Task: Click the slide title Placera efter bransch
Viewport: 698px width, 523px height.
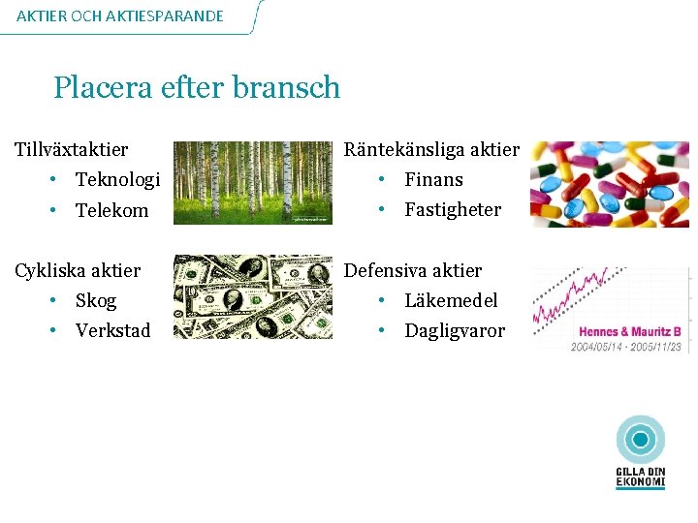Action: pyautogui.click(x=197, y=88)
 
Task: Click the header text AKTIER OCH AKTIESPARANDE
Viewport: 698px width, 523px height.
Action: pyautogui.click(x=120, y=15)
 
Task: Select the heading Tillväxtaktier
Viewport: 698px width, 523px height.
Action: pyautogui.click(x=71, y=149)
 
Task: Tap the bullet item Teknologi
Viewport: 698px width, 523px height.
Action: pyautogui.click(x=117, y=179)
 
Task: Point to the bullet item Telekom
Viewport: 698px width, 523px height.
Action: pyautogui.click(x=112, y=210)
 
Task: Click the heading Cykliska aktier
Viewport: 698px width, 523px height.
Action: pyautogui.click(x=78, y=270)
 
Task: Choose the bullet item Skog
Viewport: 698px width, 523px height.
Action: pyautogui.click(x=96, y=300)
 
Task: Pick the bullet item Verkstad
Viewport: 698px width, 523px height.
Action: pyautogui.click(x=113, y=330)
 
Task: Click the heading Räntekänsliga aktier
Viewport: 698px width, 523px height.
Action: pyautogui.click(x=431, y=149)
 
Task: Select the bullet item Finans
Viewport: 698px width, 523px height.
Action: pyautogui.click(x=433, y=179)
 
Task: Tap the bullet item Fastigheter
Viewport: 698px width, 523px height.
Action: pyautogui.click(x=453, y=209)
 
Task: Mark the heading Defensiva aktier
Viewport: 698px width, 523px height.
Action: pyautogui.click(x=413, y=270)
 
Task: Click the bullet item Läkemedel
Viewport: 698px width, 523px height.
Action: pyautogui.click(x=451, y=300)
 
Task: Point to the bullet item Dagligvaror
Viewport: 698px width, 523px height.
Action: pyautogui.click(x=455, y=330)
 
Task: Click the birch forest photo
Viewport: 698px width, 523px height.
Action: pyautogui.click(x=252, y=182)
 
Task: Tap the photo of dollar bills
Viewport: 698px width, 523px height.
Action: pyautogui.click(x=252, y=296)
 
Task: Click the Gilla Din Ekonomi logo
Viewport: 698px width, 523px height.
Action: pyautogui.click(x=641, y=452)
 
